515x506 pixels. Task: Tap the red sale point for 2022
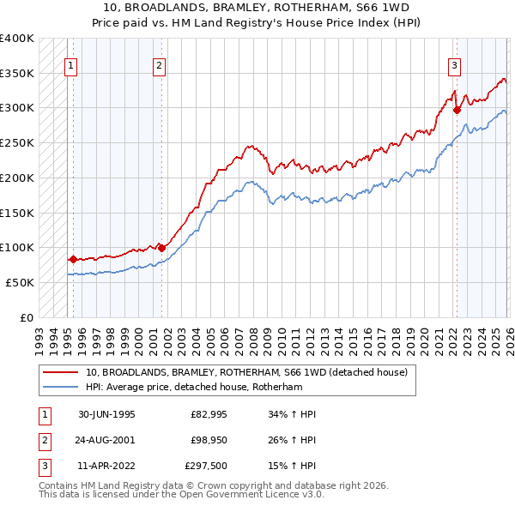457,110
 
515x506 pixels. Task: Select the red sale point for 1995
74,259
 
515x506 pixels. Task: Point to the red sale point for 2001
161,248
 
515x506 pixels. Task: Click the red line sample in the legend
61,373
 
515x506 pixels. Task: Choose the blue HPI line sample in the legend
61,387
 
